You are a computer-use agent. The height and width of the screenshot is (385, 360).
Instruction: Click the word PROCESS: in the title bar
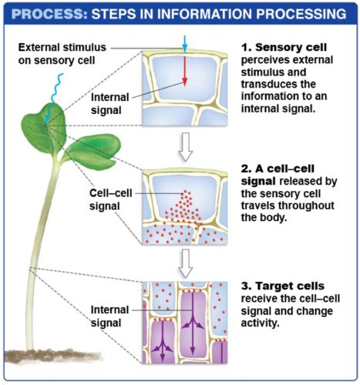click(x=49, y=14)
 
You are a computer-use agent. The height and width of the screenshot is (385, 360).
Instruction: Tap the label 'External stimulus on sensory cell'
click(x=62, y=54)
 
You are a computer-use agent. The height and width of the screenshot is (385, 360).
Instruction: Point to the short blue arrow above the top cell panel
click(x=185, y=44)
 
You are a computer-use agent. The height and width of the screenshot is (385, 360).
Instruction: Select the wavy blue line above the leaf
click(x=57, y=88)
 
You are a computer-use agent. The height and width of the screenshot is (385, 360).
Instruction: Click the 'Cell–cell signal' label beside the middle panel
click(x=110, y=199)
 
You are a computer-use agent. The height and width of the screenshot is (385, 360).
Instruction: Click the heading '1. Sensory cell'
click(x=284, y=47)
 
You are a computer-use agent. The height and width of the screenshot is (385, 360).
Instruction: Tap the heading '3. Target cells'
click(x=283, y=286)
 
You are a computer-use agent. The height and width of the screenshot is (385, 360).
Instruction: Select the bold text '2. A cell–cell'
click(x=278, y=169)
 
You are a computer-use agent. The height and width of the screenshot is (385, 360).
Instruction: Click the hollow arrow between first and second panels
click(x=185, y=147)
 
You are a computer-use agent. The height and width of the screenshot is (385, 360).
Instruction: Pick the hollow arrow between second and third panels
click(x=185, y=263)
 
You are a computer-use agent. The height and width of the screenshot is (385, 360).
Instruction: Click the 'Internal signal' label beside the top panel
click(x=109, y=104)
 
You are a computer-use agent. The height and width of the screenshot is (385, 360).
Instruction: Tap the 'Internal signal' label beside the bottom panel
click(x=109, y=316)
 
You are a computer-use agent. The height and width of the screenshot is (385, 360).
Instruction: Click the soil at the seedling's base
click(x=52, y=356)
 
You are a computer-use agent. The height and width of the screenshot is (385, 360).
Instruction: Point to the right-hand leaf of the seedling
click(x=94, y=151)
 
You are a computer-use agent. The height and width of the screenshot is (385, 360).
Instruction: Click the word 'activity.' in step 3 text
click(x=260, y=323)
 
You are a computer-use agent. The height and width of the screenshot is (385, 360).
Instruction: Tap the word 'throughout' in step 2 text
click(x=306, y=206)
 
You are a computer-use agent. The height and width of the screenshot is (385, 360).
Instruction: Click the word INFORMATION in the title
click(x=205, y=14)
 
